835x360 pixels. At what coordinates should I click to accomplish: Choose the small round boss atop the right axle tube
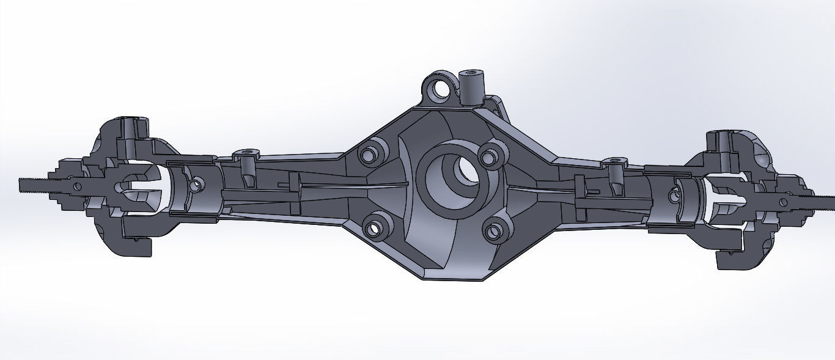(613, 162)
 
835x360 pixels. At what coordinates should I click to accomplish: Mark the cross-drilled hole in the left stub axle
(76, 185)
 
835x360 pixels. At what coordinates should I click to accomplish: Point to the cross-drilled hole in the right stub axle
(783, 201)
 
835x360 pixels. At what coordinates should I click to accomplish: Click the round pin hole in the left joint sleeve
(195, 185)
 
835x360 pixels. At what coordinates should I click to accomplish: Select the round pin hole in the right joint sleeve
(675, 196)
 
